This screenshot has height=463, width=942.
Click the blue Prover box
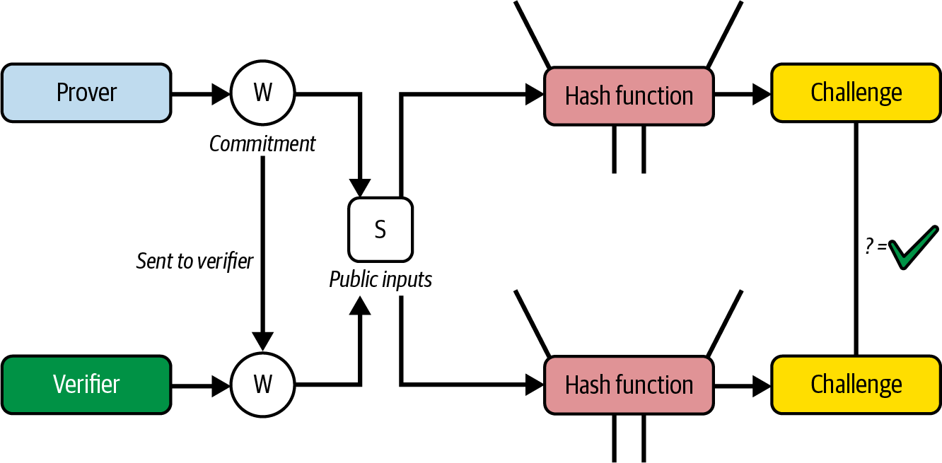tap(86, 93)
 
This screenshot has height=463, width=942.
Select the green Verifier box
tap(86, 385)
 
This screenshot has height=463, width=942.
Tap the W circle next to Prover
tap(263, 93)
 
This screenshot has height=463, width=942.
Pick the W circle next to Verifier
tap(263, 385)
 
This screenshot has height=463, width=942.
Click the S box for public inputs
tap(380, 230)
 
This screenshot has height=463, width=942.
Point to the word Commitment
tap(262, 144)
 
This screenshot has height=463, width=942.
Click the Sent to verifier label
tap(194, 261)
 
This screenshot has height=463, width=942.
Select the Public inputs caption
tap(380, 280)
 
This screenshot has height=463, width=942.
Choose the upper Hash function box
tap(629, 95)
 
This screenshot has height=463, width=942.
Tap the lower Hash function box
tap(629, 385)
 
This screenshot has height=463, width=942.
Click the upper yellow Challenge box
tap(856, 93)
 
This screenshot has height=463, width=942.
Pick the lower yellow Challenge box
tap(856, 385)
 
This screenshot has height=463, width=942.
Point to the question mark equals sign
tap(876, 248)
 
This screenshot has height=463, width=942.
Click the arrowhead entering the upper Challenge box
tap(762, 93)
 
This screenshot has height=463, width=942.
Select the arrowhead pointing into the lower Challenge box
tap(762, 385)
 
